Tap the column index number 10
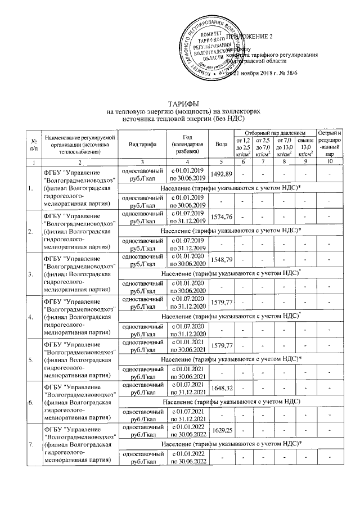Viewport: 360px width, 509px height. pos(329,162)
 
